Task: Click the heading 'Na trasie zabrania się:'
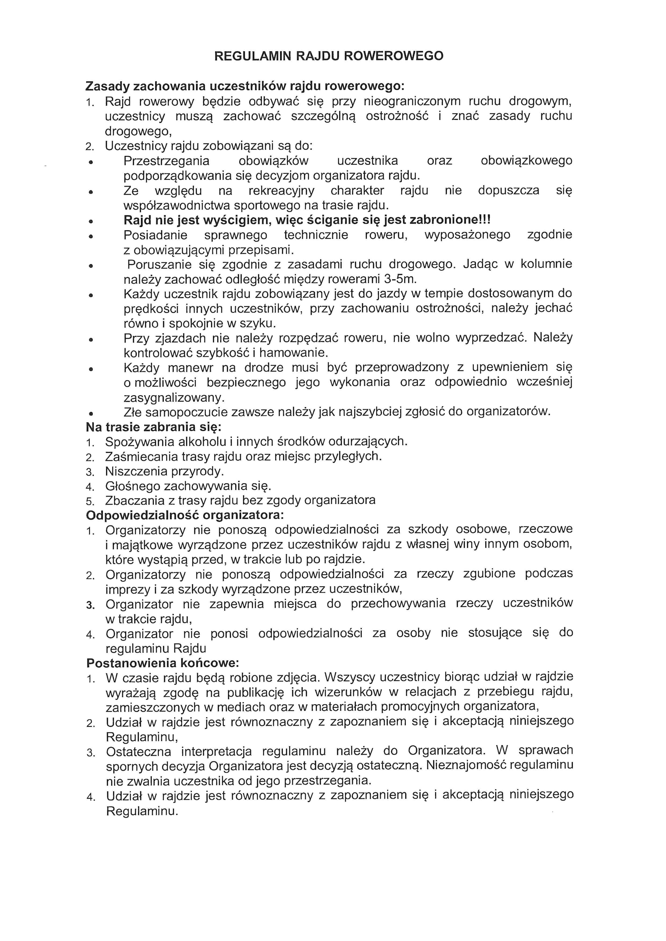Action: click(153, 427)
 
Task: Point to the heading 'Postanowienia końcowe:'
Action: click(162, 663)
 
